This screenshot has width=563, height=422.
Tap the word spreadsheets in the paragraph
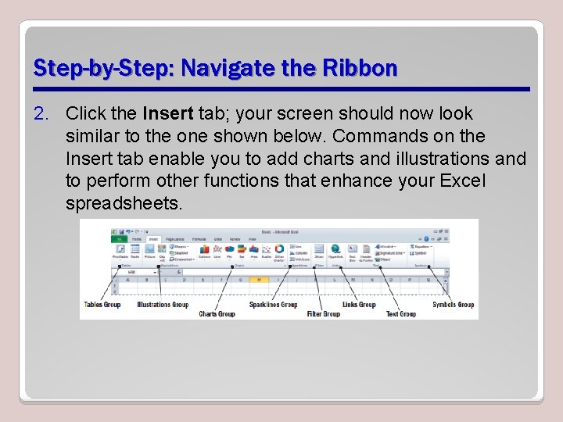point(124,204)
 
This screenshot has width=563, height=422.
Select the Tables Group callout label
point(102,304)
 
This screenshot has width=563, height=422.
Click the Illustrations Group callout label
point(163,304)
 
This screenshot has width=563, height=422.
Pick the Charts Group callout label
point(217,313)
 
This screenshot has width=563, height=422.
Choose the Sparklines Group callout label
point(273,304)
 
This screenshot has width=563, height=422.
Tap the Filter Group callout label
point(323,313)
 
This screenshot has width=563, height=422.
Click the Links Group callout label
point(359,304)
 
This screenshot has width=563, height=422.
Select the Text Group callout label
point(401,313)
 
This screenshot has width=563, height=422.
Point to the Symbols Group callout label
point(454,304)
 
